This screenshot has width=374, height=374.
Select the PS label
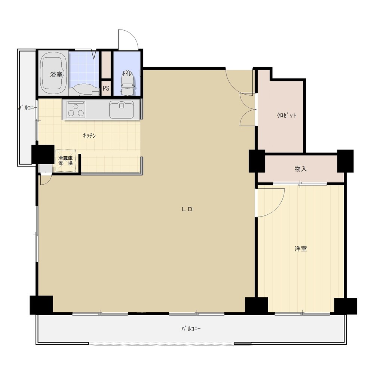106,88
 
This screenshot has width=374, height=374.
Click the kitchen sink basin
122,110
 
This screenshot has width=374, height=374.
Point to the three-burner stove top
76,110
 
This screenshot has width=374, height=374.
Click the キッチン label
89,136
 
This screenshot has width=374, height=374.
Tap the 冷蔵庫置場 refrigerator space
65,161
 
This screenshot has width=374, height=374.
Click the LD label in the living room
187,209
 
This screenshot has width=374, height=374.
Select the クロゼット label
286,116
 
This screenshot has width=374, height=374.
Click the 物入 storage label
301,169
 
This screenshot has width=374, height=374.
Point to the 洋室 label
301,249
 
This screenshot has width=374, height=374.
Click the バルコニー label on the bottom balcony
191,329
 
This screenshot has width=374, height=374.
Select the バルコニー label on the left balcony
28,108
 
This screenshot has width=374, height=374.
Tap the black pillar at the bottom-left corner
41,305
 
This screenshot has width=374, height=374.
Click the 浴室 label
56,74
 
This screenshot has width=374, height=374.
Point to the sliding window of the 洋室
303,313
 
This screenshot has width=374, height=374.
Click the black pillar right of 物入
345,161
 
